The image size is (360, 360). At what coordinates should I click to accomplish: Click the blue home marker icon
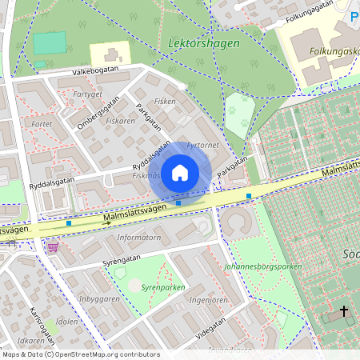(x=180, y=173)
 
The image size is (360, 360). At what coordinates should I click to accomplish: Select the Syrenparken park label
(x=162, y=286)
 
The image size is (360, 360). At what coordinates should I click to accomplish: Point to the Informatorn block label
(x=138, y=238)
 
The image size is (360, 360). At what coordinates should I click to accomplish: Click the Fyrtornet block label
(x=202, y=146)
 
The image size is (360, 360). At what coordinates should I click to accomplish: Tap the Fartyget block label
(x=87, y=94)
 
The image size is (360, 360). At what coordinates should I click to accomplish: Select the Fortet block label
(x=40, y=125)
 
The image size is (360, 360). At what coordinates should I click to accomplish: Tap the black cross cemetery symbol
(x=345, y=310)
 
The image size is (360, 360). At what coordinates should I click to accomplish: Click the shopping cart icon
(x=53, y=248)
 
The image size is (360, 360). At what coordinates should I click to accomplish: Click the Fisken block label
(x=165, y=102)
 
